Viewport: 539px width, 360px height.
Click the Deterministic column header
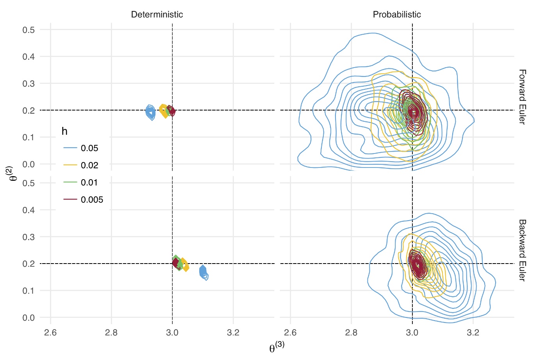pos(157,15)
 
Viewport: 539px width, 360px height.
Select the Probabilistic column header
pos(397,15)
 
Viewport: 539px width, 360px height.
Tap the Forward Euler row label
pos(522,97)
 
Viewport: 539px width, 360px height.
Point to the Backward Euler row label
pos(522,250)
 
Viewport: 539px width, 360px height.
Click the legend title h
pos(64,132)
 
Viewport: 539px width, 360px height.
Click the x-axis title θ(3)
pos(277,347)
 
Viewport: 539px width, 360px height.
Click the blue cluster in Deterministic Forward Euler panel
pos(150,112)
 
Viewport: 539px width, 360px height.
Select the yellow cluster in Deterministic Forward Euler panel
pos(164,111)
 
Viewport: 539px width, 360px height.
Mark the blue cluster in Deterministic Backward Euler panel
pos(203,272)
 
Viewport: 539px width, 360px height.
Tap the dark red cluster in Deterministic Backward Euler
pos(176,263)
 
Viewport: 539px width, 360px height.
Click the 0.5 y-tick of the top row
pos(29,30)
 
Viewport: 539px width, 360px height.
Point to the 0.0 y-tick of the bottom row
pos(29,318)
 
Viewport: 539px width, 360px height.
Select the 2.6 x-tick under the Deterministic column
pos(50,333)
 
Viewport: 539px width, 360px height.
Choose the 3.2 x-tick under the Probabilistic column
pos(473,333)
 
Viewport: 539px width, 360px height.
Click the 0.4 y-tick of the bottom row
pos(29,210)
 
